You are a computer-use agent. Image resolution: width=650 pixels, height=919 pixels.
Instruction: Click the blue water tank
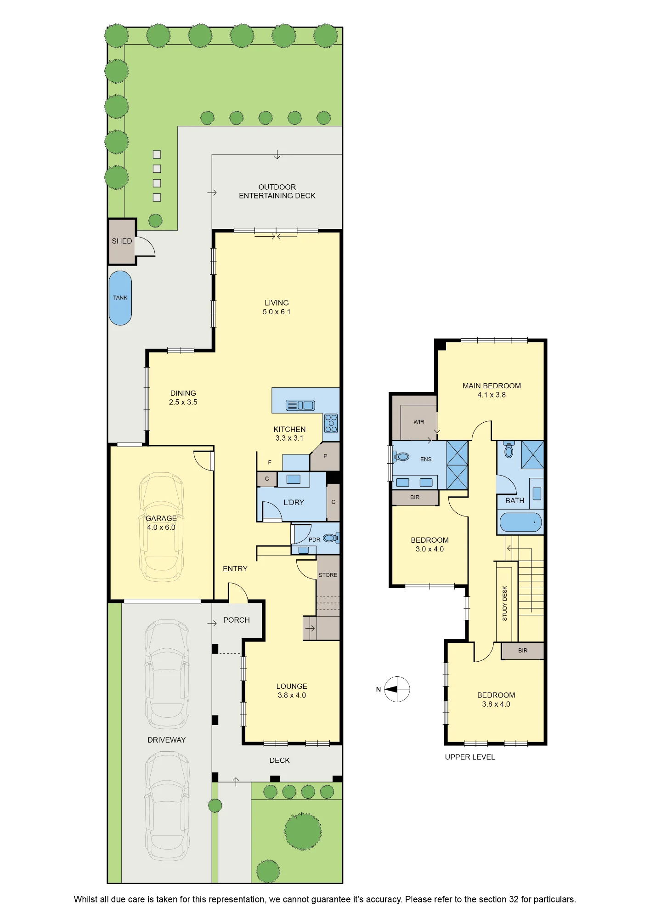tap(120, 298)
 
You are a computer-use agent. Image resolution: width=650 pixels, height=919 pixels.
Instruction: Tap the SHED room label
tap(122, 241)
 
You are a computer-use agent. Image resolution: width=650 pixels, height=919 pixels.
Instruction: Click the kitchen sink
tap(300, 405)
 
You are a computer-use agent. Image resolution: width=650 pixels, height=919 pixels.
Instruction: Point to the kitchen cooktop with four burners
tap(331, 423)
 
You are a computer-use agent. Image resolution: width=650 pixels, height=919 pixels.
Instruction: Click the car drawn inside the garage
tap(161, 527)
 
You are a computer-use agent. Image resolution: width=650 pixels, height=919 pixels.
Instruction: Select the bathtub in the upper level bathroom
tap(520, 522)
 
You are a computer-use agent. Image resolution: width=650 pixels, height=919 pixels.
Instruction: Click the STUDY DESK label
tap(505, 603)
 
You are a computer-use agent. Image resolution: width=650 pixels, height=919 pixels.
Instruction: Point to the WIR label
tap(419, 422)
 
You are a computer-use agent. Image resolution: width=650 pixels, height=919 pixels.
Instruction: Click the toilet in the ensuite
tap(401, 457)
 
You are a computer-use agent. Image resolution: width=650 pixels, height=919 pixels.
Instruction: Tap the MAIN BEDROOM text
tap(492, 386)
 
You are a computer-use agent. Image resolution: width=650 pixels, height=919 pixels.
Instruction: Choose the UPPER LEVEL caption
tap(470, 757)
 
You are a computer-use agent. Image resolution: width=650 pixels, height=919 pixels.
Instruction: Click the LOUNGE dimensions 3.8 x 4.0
tap(292, 695)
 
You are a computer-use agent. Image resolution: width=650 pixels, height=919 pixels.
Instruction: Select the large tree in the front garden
tap(303, 831)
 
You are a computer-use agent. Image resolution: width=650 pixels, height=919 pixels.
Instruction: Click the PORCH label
tap(237, 620)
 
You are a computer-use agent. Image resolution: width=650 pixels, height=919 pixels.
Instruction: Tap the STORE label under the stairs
tap(328, 575)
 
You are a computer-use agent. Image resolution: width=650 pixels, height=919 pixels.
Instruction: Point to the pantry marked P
tap(325, 456)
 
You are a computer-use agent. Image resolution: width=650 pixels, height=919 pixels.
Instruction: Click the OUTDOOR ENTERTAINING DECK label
tap(277, 191)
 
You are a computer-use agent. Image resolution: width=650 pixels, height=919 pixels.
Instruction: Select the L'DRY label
tap(294, 502)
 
